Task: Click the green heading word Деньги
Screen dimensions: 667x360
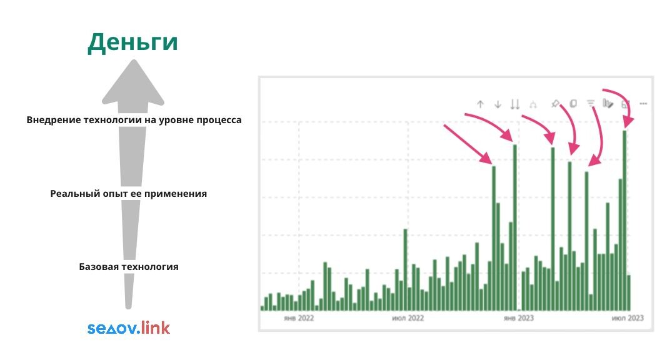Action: click(133, 43)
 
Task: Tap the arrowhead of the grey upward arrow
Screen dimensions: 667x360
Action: click(133, 83)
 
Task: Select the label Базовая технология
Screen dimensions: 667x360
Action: click(129, 267)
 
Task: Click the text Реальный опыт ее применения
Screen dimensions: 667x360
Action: click(129, 194)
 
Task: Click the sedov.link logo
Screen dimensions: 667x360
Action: click(129, 327)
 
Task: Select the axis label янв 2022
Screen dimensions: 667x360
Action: click(299, 318)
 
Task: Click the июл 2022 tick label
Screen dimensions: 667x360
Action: click(408, 318)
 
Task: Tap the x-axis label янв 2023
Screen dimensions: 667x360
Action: click(519, 318)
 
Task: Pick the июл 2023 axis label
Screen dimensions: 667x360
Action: click(628, 318)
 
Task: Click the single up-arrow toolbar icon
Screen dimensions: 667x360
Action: click(480, 104)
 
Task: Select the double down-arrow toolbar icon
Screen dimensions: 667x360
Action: click(515, 104)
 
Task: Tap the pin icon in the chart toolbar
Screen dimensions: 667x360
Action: click(555, 103)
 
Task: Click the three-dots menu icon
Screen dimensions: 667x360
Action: click(643, 103)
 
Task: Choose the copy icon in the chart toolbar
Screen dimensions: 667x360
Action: click(573, 103)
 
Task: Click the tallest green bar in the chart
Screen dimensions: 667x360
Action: click(624, 221)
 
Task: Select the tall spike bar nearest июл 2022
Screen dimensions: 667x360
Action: click(406, 270)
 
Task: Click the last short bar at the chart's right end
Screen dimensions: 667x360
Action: click(629, 292)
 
